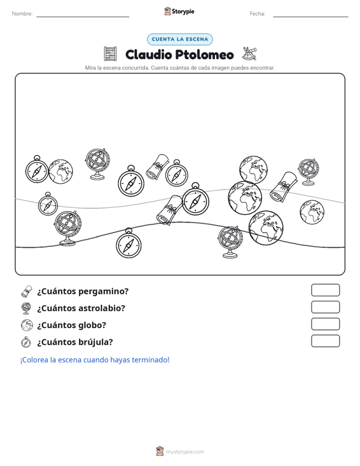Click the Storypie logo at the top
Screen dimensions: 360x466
coord(179,11)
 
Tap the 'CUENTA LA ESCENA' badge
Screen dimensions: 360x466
coord(180,39)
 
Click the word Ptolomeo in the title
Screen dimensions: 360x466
coord(204,55)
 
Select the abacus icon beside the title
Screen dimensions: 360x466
coord(110,54)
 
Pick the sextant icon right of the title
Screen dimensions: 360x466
coord(249,53)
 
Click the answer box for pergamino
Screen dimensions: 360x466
coord(325,290)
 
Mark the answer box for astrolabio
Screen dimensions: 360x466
coord(325,307)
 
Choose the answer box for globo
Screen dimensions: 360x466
coord(325,324)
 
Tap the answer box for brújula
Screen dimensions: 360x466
coord(325,341)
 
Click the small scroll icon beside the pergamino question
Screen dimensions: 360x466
coord(27,291)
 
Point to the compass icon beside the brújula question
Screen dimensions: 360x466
coord(26,342)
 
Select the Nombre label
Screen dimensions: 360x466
coord(22,14)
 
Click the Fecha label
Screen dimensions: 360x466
coord(258,14)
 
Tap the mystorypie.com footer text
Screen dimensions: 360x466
coord(185,452)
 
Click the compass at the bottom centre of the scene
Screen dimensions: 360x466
coord(128,243)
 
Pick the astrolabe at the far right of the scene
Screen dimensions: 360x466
coord(308,172)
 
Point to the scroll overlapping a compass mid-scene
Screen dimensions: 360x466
coord(169,210)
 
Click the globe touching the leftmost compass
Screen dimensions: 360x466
coord(60,172)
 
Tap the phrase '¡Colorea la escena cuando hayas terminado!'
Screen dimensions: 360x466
coord(95,360)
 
